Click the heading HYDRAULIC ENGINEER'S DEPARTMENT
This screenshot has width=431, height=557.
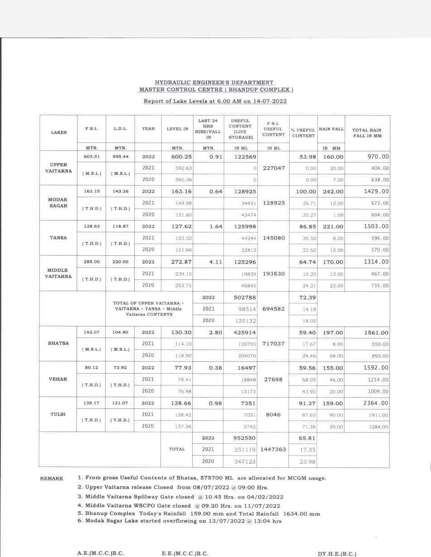(214, 82)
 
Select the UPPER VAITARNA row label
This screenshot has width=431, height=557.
(58, 168)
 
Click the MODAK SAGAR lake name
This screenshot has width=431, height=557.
(58, 202)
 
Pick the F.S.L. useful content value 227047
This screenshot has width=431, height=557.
(273, 168)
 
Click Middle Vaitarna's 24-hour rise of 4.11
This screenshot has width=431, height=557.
(215, 262)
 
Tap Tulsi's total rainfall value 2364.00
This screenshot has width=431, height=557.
(376, 403)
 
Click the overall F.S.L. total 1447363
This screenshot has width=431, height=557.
(273, 449)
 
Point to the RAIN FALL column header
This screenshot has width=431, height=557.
(331, 129)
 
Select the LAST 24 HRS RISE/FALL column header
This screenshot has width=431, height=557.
(208, 129)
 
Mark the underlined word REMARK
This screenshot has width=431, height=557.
(51, 479)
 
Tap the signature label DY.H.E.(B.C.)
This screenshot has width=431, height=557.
(337, 554)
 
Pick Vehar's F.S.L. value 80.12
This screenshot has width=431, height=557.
(91, 368)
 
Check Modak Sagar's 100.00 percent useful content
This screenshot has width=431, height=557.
(305, 192)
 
